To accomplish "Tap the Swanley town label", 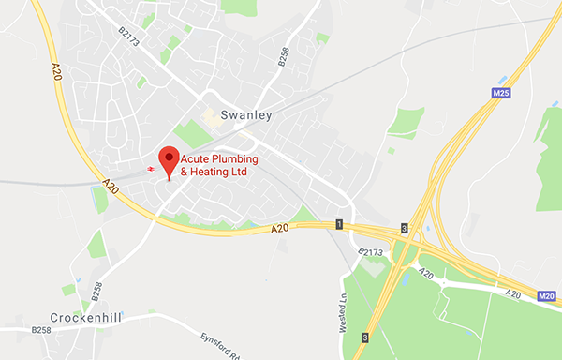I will coord(245,115).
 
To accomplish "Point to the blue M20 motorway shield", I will coord(549,297).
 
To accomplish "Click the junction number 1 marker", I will coord(339,224).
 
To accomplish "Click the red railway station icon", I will coord(150,168).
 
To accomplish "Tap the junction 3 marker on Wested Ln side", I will coord(365,337).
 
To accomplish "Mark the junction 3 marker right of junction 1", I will coord(404,228).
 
